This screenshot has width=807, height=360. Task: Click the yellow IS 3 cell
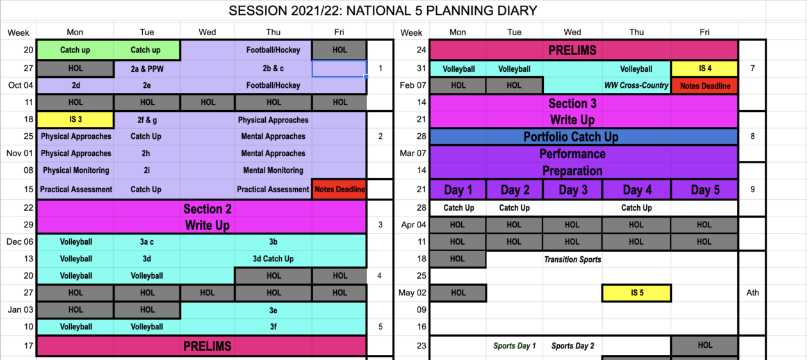coord(76,120)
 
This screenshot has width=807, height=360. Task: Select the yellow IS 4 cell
coord(705,69)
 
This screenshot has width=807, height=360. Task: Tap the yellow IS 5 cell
coord(637,293)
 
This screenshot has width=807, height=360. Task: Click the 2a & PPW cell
coord(147,69)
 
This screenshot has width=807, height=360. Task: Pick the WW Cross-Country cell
coord(636,85)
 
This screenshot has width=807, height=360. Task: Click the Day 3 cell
coord(573,190)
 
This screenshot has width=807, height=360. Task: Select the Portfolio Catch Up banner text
coord(571,137)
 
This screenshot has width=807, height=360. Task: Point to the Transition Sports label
coord(573,259)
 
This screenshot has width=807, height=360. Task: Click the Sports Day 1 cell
coord(514,346)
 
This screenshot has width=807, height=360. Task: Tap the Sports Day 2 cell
coord(573,346)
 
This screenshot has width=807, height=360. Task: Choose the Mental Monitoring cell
coord(273,170)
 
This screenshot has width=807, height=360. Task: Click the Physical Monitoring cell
coord(76,170)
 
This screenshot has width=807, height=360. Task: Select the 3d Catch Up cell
coord(273,259)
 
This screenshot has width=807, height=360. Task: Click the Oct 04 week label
coord(20,85)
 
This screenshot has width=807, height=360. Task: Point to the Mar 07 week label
coord(413,153)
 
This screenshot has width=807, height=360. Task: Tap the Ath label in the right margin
coord(752,293)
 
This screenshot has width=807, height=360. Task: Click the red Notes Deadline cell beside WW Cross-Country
coord(705,86)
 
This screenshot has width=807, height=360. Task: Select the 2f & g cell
coord(147,120)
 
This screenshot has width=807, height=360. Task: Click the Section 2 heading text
coord(207,209)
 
